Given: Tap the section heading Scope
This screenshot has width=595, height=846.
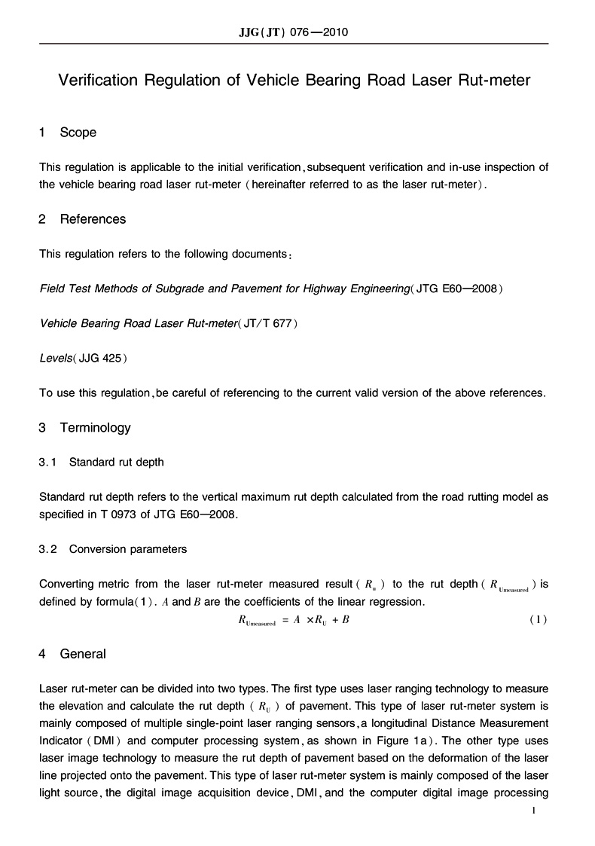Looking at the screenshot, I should pos(78,133).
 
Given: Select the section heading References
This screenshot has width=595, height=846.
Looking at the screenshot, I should pos(93,219).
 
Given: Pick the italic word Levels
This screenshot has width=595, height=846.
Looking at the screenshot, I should pos(55,358).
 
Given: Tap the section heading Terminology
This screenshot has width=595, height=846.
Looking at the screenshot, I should pos(95,428).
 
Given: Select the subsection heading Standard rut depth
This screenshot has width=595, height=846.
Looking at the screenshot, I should pos(116,462).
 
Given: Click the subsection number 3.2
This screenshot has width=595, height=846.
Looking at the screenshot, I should pos(48,549).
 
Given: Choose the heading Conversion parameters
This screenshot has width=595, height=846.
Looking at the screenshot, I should pos(128,549).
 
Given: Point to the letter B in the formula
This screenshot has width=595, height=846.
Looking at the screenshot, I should pos(346,620).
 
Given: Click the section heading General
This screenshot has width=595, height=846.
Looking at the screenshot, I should pos(83,654).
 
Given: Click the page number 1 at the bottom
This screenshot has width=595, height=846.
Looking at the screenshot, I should pos(533,811).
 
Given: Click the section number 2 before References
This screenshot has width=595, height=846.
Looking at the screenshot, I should pos(43,219).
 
